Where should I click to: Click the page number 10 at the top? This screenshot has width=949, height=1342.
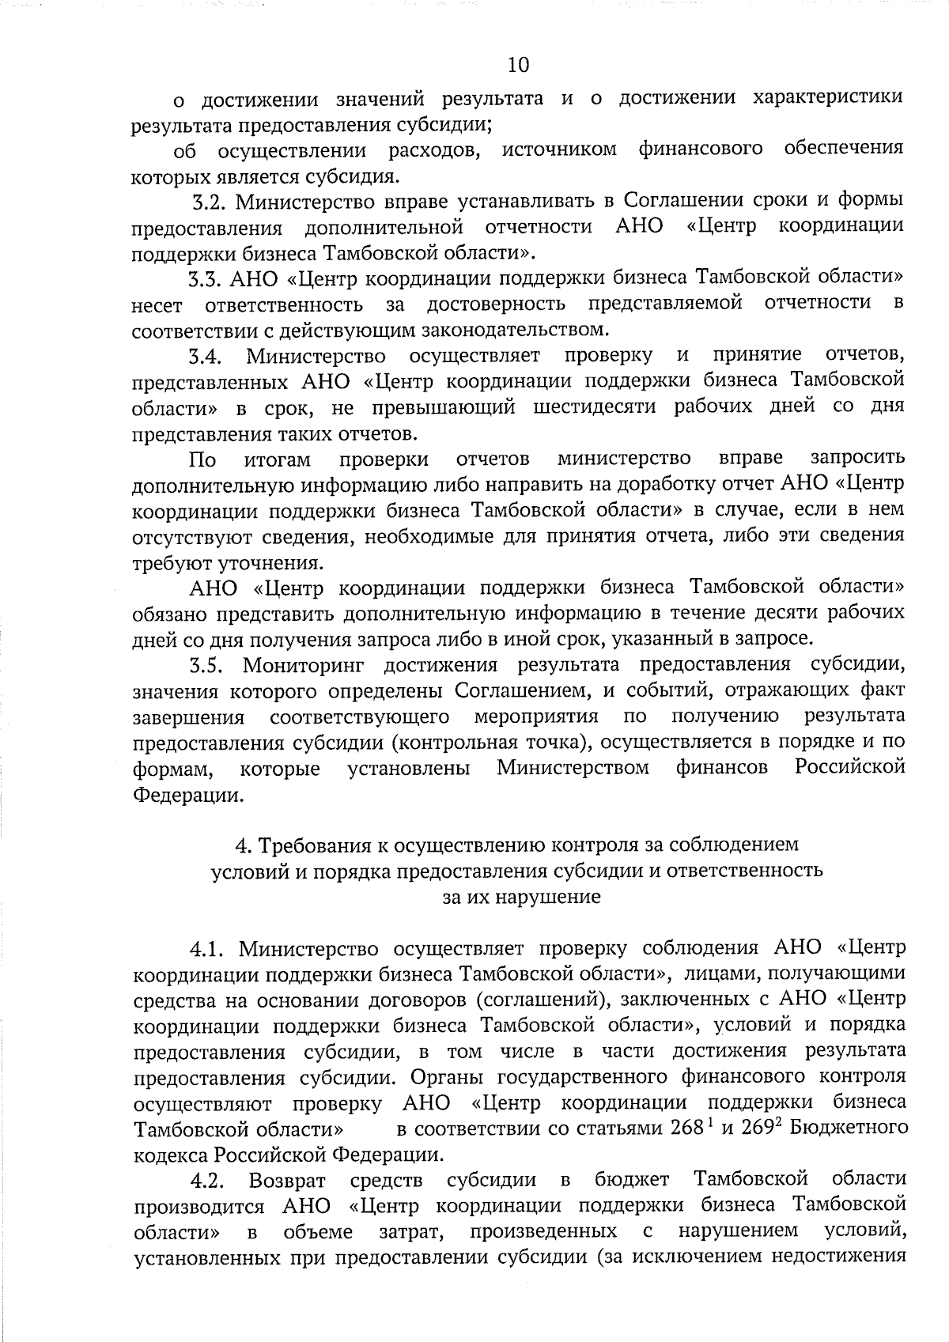519,64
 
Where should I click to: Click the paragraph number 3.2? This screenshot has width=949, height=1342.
210,201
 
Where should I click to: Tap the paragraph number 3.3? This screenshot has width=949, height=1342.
206,278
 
